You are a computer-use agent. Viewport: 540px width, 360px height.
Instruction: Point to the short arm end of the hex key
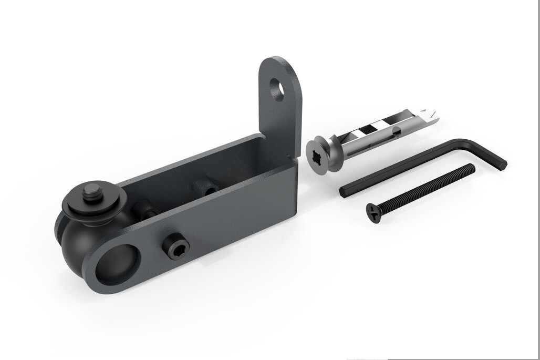pos(503,163)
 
